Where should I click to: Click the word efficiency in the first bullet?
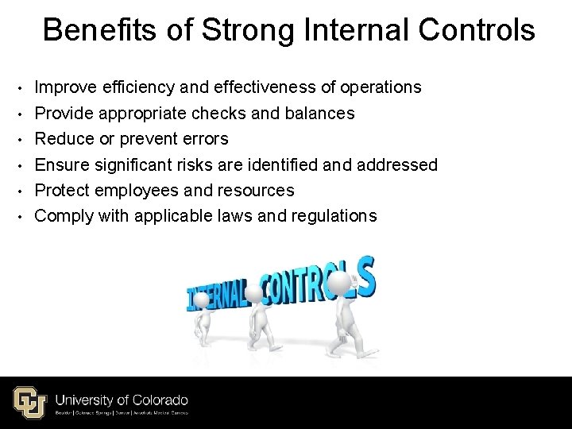[x=144, y=87]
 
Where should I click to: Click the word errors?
[x=203, y=139]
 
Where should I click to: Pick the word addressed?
[x=397, y=164]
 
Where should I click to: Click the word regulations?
[x=331, y=216]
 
